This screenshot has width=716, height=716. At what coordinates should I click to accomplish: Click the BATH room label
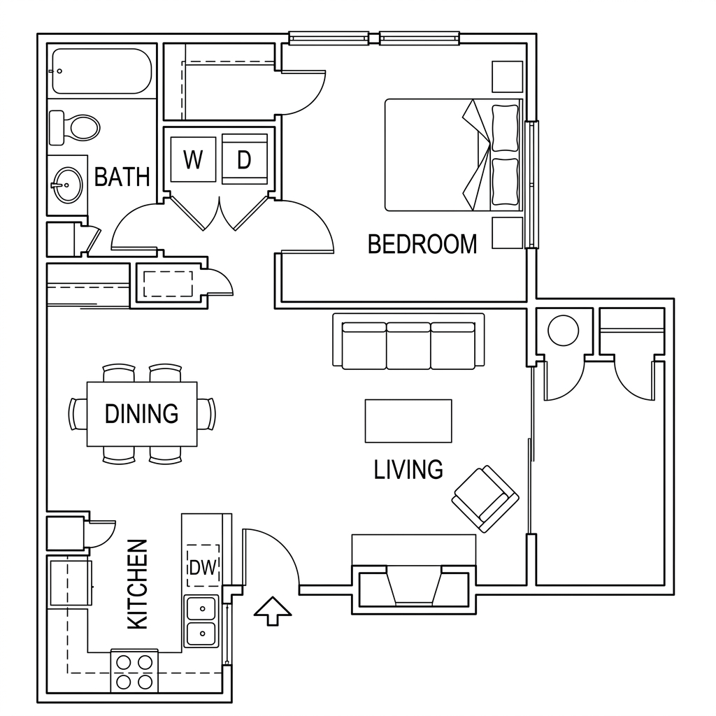(x=122, y=177)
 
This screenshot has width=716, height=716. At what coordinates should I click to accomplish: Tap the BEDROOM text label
(x=422, y=244)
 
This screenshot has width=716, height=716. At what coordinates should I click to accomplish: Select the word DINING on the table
(x=141, y=414)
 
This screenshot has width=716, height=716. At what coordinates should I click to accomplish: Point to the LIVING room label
(x=408, y=469)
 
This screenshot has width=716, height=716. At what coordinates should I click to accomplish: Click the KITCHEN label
(x=138, y=585)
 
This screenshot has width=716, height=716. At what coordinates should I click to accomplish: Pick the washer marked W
(x=193, y=159)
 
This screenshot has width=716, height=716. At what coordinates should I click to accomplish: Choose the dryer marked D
(x=244, y=159)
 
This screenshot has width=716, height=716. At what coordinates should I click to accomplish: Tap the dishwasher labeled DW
(x=203, y=566)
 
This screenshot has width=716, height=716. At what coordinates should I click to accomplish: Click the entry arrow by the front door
(x=273, y=611)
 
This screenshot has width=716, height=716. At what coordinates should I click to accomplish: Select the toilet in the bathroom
(x=74, y=127)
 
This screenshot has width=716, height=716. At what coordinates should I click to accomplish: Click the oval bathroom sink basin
(x=68, y=185)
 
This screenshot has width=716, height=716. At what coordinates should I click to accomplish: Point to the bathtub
(x=102, y=71)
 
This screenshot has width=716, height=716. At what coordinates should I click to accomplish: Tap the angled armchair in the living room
(x=485, y=499)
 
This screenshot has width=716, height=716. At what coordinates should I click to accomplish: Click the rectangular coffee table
(x=408, y=421)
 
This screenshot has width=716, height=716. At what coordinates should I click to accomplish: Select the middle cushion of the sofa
(x=408, y=345)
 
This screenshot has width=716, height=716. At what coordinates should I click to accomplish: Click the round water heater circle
(x=563, y=330)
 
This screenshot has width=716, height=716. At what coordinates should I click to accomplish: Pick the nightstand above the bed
(x=507, y=77)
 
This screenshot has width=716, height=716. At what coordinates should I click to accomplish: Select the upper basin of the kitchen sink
(x=201, y=608)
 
